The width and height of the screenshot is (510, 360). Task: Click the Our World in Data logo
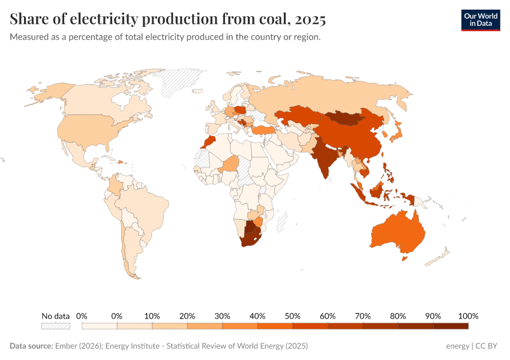480,20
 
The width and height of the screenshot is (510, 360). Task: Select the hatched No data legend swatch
55,326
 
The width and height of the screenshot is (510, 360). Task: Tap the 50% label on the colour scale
292,316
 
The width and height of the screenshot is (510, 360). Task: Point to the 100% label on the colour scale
467,316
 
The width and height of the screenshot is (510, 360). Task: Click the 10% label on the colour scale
152,316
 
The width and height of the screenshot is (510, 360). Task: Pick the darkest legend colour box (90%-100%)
451,326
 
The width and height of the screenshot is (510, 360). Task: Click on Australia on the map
397,231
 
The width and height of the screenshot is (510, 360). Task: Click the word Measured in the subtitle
30,37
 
